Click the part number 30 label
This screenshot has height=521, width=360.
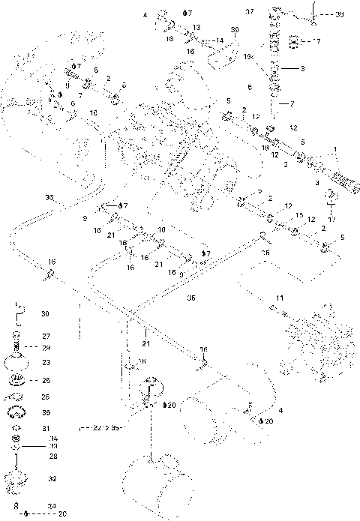44,314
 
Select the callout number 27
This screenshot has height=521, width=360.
45,336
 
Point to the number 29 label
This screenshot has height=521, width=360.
45,348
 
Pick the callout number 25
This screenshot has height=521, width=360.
45,381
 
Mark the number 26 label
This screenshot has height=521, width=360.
45,397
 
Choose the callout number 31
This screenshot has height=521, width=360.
45,428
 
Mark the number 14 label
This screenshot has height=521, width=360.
220,39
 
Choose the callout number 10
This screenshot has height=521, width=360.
161,229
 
